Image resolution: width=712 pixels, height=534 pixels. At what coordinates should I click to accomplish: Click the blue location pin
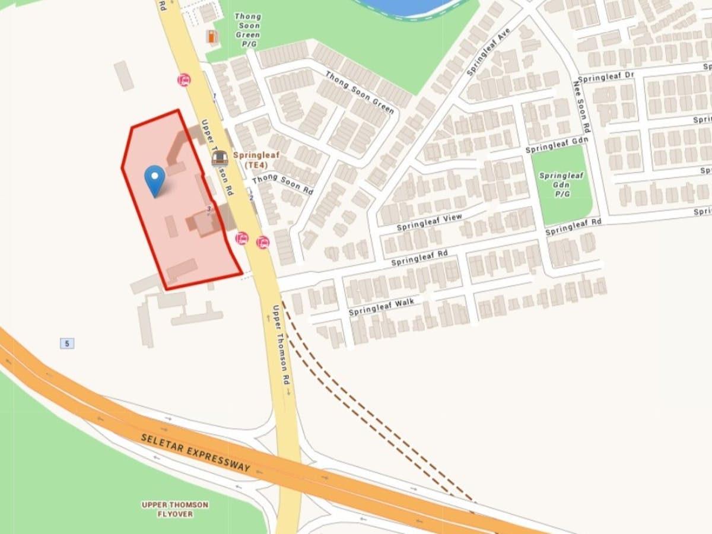point(155,180)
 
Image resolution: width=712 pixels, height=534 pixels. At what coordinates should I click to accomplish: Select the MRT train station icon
point(220,158)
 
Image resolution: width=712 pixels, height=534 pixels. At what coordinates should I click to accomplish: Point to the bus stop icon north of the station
point(184,80)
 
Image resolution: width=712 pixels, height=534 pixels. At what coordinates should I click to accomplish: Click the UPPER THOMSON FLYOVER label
point(175,509)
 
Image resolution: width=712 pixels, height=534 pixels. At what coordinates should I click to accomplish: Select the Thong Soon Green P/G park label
point(247,30)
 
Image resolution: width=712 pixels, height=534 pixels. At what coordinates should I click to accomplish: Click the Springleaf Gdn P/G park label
point(561,184)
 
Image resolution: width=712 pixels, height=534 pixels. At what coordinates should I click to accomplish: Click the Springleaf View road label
point(429,222)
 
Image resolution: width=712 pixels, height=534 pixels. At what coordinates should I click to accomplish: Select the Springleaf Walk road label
point(381,307)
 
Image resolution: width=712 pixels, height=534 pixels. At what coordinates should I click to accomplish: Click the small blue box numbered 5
point(67,343)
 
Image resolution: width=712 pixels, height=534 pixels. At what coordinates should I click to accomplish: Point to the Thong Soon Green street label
point(359,92)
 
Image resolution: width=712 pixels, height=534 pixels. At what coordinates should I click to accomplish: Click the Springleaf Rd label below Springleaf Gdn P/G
point(573,226)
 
